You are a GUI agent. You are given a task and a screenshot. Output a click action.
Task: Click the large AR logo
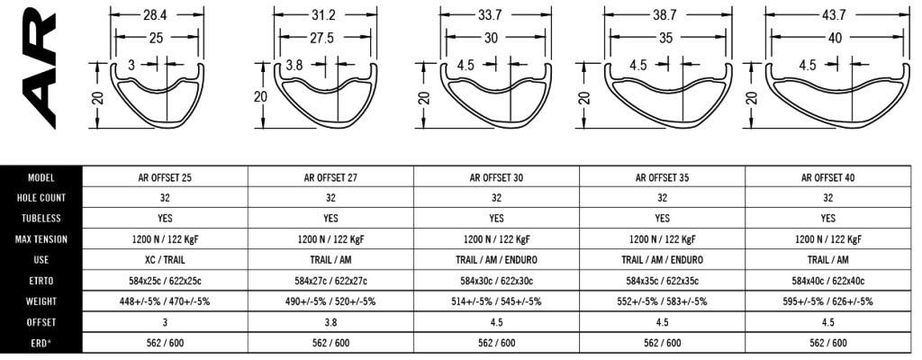[38, 65]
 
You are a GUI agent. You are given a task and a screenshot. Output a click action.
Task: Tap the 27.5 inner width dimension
[321, 37]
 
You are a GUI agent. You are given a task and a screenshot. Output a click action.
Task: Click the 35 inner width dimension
[665, 37]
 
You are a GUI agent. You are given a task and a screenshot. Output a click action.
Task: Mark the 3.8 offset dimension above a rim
[294, 66]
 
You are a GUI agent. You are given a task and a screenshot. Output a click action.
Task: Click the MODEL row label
[41, 177]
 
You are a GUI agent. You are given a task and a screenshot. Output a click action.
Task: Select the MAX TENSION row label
[41, 239]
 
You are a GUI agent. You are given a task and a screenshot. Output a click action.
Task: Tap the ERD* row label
[41, 342]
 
